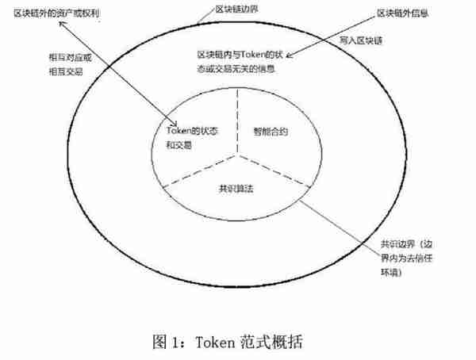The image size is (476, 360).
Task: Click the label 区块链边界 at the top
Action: (236, 9)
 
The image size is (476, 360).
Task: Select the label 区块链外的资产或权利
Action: (57, 13)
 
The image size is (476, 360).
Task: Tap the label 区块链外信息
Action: (402, 13)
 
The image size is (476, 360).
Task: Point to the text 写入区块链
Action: (361, 40)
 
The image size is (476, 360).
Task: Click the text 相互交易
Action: (66, 72)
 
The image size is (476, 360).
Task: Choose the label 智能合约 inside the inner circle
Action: (271, 132)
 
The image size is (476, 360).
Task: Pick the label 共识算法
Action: (236, 189)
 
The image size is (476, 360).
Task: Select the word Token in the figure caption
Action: (215, 343)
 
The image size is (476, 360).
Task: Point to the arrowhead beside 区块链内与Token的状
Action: (289, 56)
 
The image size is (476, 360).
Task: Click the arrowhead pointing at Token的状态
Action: (175, 123)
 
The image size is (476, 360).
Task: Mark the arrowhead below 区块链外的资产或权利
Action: (61, 24)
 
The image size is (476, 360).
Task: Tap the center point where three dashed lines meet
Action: (238, 155)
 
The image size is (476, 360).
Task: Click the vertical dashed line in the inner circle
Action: (237, 122)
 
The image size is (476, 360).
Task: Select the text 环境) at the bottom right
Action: (391, 272)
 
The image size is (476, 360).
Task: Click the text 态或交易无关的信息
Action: (236, 69)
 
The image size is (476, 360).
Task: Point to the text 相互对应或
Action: (70, 58)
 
